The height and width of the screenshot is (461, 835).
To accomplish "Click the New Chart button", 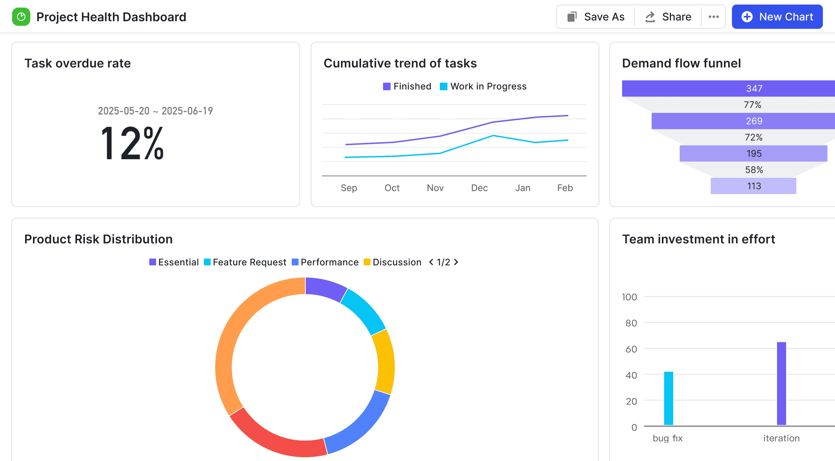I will (x=777, y=17).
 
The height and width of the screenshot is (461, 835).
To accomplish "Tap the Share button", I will (x=668, y=17).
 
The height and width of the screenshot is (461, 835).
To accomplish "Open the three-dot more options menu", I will (x=713, y=17).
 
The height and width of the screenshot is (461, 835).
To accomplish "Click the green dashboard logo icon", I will (x=21, y=17).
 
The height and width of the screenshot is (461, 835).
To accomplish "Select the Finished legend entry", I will (x=407, y=86).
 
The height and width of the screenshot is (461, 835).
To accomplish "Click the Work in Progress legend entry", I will (x=483, y=86).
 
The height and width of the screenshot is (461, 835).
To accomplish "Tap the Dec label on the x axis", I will (x=479, y=188).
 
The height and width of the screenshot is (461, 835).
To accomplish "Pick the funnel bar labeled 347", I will (x=727, y=88).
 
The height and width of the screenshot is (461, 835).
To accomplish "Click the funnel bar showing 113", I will (x=753, y=186).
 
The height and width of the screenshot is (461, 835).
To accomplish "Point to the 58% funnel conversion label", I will (x=754, y=170).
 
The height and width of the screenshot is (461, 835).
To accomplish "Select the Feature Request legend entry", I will (x=245, y=262).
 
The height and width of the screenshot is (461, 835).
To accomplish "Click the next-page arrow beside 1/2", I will (x=456, y=262).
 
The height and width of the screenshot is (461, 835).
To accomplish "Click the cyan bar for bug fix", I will (x=669, y=398).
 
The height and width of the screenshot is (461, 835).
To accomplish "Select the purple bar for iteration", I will (x=781, y=383).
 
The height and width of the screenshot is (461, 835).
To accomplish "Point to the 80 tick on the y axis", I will (x=631, y=323).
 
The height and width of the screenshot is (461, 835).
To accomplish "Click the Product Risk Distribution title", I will (x=99, y=239).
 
